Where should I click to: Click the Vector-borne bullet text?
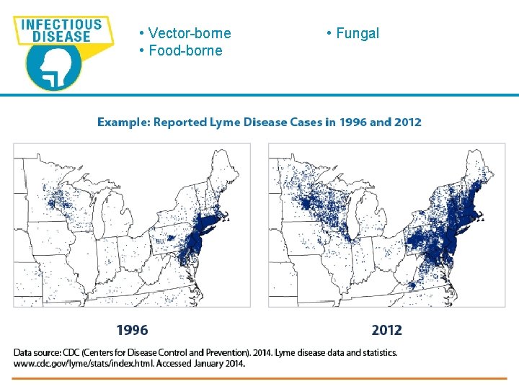[189, 33]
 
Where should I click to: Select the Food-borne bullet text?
[185, 50]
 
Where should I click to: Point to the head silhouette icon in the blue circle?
[54, 68]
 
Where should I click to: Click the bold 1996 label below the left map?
[132, 331]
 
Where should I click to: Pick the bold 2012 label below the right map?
[387, 331]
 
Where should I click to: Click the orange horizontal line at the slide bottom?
[259, 378]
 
